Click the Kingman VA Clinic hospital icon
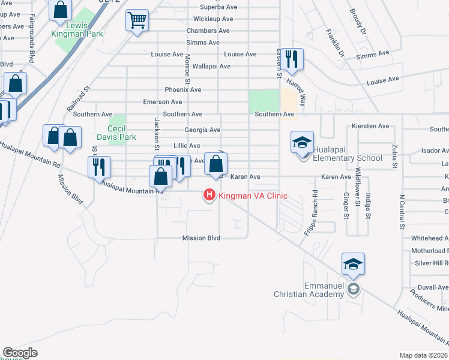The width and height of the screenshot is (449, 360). click(209, 196)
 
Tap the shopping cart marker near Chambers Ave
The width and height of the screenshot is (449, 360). click(137, 21)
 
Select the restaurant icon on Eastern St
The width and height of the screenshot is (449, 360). click(292, 59)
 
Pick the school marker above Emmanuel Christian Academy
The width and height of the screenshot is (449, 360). click(353, 265)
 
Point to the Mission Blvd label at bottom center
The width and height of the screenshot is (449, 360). click(201, 238)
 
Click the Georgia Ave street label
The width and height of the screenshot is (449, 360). click(202, 130)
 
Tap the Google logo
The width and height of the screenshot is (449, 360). click(20, 353)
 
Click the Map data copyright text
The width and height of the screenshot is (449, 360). click(423, 355)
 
